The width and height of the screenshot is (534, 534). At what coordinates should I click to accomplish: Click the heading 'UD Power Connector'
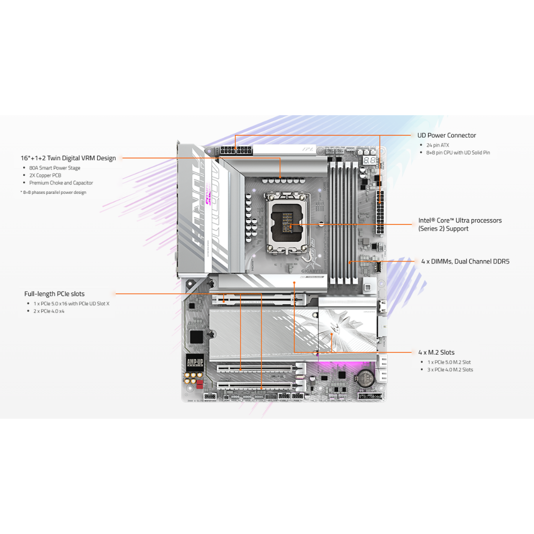(x=446, y=135)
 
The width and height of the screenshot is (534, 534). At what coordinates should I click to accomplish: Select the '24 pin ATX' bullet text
(x=438, y=145)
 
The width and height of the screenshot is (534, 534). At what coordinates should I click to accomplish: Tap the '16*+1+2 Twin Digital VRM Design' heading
(x=68, y=158)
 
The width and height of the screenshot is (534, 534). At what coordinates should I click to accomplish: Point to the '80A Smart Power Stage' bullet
(x=54, y=168)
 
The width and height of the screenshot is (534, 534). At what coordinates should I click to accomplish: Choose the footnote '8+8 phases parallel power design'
(x=54, y=192)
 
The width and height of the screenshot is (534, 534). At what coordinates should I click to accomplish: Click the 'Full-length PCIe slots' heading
(x=54, y=294)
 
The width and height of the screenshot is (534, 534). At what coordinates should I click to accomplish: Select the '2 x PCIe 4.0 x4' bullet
(x=49, y=311)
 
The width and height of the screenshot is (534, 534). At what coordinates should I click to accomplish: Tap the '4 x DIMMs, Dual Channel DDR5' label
(x=465, y=261)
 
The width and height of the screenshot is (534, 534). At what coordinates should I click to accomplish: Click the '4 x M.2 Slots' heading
(x=436, y=353)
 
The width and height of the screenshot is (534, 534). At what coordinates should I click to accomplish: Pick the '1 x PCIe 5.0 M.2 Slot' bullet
(x=449, y=362)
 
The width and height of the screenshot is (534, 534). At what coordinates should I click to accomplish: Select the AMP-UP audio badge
(x=195, y=362)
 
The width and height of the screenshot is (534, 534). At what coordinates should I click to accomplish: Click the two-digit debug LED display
(x=369, y=161)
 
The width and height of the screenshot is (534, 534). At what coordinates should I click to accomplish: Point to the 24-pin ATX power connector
(x=380, y=213)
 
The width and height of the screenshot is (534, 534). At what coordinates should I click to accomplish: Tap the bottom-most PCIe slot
(x=255, y=384)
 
